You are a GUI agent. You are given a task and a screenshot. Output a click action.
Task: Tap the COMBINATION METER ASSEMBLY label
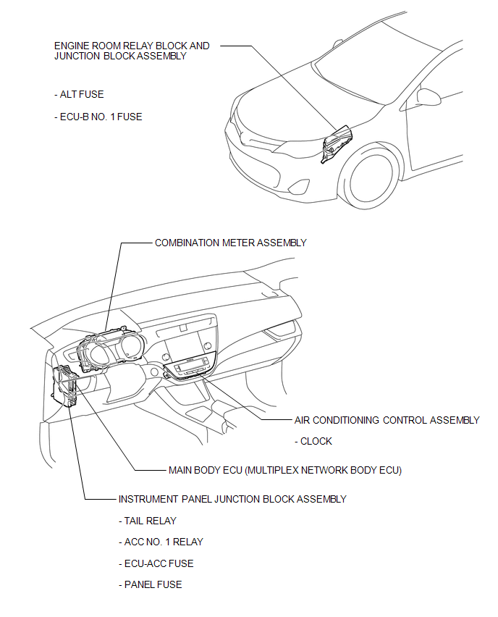(x=230, y=243)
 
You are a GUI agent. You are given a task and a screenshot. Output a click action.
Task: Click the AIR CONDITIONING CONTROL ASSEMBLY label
(x=387, y=420)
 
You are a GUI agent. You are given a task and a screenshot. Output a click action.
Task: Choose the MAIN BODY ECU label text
(x=284, y=470)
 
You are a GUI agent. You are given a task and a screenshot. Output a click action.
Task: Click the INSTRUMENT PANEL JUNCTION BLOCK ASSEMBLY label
(x=232, y=499)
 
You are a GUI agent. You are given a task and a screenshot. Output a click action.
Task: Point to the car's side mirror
(x=429, y=96)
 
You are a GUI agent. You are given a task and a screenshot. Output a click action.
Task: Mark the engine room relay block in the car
(x=337, y=143)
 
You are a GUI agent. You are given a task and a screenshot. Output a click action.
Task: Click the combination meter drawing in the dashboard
(x=111, y=348)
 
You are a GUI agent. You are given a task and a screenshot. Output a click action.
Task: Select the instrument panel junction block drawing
(x=64, y=386)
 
